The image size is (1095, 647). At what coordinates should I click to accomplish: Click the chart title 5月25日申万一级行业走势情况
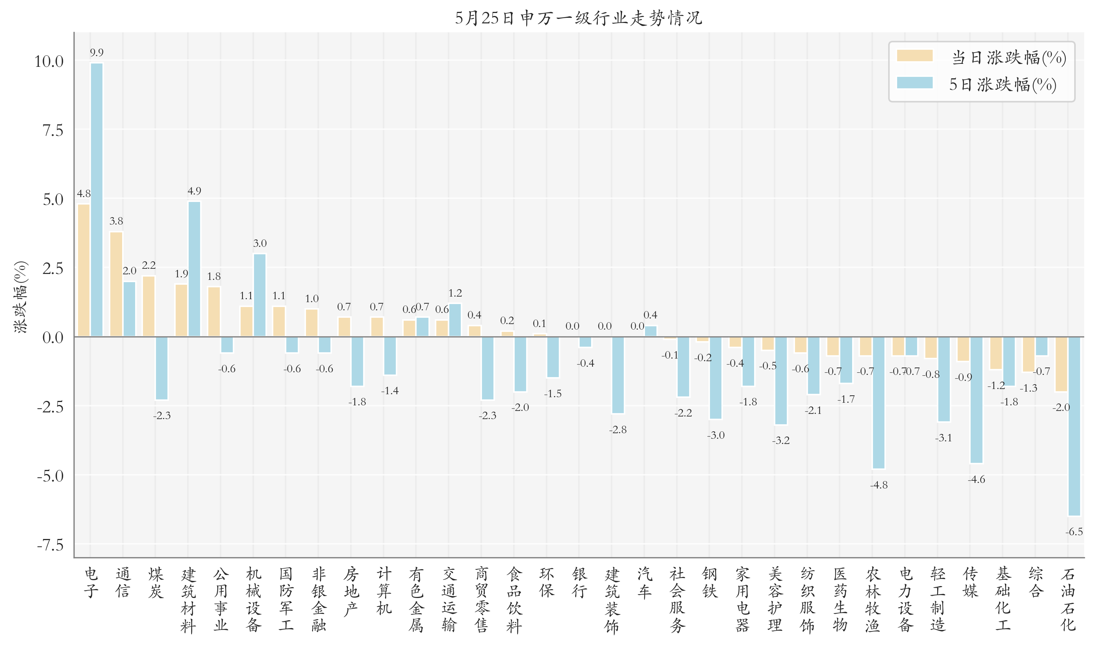coord(578,18)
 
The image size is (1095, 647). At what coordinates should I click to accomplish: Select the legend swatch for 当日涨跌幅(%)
coord(915,56)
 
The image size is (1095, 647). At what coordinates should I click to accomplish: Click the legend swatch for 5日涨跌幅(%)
coord(915,83)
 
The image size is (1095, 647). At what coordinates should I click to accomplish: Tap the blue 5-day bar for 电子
coord(97,200)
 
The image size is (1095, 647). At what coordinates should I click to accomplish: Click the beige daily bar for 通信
coord(116,284)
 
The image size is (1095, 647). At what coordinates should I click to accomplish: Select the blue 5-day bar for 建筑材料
coord(195,269)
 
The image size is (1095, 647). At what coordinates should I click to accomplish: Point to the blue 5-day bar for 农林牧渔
coord(878,403)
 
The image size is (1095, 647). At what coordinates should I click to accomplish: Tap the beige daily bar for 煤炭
coord(149,306)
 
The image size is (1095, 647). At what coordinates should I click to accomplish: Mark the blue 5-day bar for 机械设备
coord(260,295)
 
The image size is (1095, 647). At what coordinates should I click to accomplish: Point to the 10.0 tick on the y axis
coord(49,61)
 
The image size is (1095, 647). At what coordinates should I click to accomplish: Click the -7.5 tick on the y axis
coord(50,545)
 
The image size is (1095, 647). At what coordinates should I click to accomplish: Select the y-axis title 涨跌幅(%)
coord(20,297)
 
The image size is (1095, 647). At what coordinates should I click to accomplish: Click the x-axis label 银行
coord(579,582)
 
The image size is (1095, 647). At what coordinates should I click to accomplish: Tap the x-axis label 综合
coord(1036,582)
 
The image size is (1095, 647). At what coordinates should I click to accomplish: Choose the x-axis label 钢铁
coord(710,582)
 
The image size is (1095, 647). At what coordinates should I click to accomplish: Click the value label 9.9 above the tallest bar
coord(97,53)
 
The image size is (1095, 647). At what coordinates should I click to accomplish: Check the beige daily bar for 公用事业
coord(214,312)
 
